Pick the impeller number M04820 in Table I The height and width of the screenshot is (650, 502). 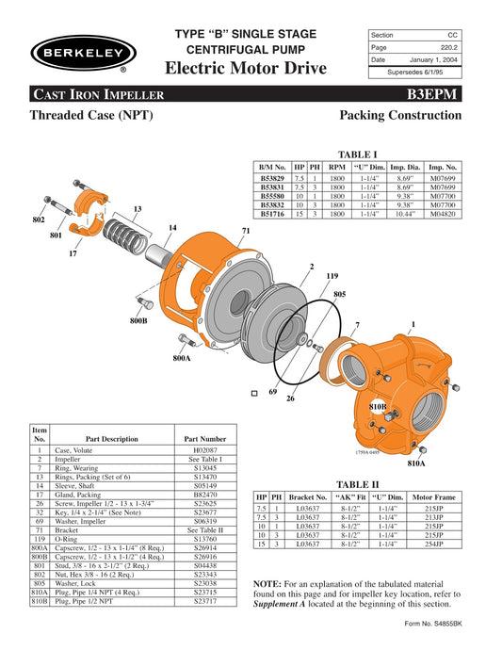(x=443, y=214)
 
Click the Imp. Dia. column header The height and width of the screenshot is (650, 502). (x=404, y=166)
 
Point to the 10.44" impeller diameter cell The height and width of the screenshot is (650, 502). (x=404, y=214)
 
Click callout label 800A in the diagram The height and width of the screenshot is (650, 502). (x=182, y=359)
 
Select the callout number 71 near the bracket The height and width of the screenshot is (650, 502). (x=246, y=231)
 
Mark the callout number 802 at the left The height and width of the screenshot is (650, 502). (x=38, y=219)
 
